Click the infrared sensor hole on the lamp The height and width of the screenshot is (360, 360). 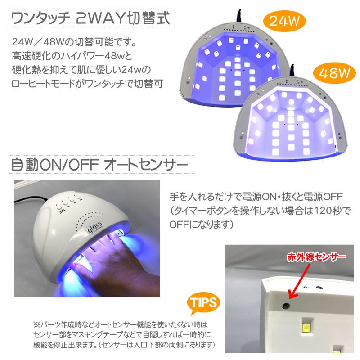(285, 306)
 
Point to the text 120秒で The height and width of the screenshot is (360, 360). (320, 210)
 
